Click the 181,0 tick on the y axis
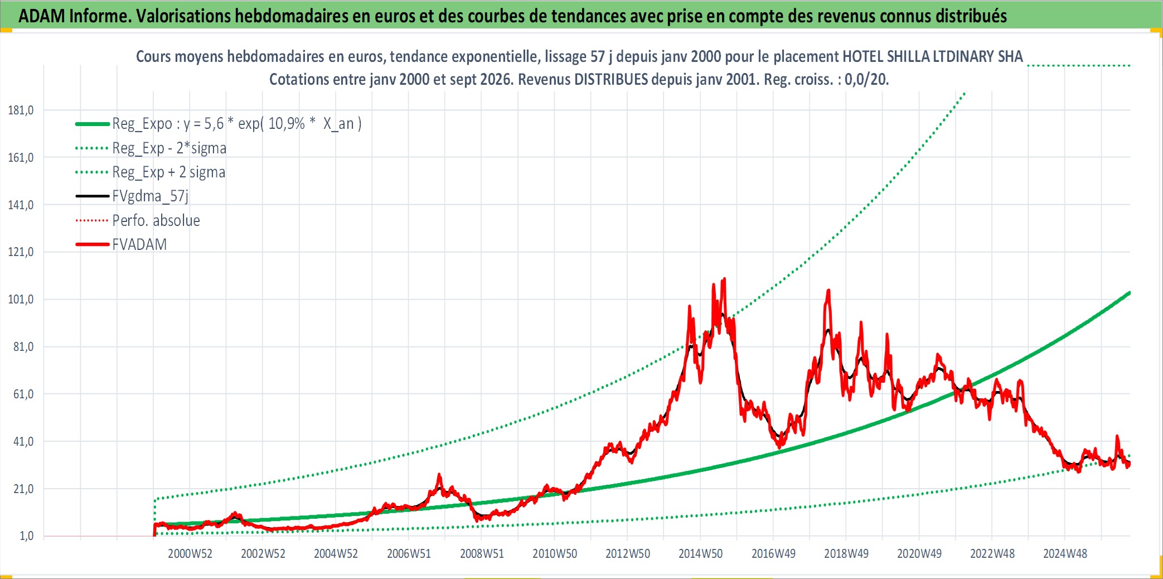tap(21, 110)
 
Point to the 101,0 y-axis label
tap(21, 300)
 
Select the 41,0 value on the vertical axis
tap(23, 442)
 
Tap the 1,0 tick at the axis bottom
tap(27, 536)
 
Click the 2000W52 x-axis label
tap(190, 554)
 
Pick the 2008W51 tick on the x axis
tap(482, 554)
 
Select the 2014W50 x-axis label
tap(700, 554)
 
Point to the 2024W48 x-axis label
tap(1065, 554)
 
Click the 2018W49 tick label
tap(846, 554)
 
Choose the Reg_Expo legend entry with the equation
tap(219, 124)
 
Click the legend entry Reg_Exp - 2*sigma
tap(151, 148)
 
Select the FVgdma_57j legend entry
tap(132, 196)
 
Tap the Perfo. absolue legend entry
tap(138, 220)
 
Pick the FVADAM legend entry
tap(121, 244)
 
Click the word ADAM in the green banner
tap(42, 16)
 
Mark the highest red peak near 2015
tap(724, 278)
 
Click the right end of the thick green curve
tap(1130, 292)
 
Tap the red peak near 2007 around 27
tap(439, 475)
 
